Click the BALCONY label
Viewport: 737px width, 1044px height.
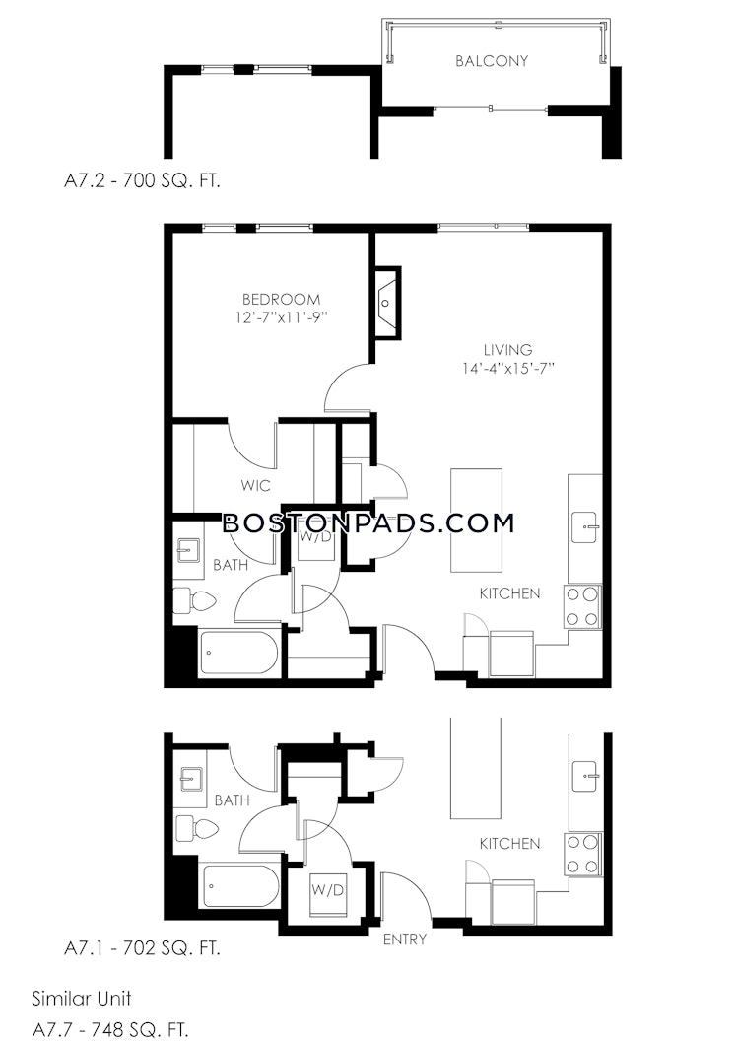pyautogui.click(x=492, y=60)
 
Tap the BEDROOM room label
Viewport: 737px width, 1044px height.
pyautogui.click(x=281, y=299)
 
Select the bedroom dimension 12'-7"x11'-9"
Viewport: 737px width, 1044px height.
pyautogui.click(x=282, y=317)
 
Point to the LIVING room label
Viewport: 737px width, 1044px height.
pyautogui.click(x=507, y=350)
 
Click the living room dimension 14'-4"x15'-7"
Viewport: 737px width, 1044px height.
pyautogui.click(x=508, y=368)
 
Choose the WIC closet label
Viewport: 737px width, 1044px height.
pyautogui.click(x=256, y=485)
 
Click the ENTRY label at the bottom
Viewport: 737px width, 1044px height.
pyautogui.click(x=404, y=940)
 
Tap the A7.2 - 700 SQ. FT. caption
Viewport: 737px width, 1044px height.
pyautogui.click(x=142, y=181)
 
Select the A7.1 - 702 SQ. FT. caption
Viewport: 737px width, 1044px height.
pyautogui.click(x=142, y=948)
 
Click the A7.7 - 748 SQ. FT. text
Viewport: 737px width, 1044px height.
pyautogui.click(x=109, y=1030)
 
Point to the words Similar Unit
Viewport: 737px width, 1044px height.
pyautogui.click(x=82, y=998)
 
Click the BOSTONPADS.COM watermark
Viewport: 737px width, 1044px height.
pyautogui.click(x=368, y=522)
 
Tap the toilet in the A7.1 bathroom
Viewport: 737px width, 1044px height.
pyautogui.click(x=196, y=828)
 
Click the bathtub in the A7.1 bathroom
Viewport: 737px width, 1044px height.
pyautogui.click(x=240, y=886)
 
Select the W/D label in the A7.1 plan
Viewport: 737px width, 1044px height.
pyautogui.click(x=327, y=890)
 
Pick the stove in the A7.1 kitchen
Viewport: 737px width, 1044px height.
pyautogui.click(x=583, y=855)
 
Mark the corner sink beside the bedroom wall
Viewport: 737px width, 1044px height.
pyautogui.click(x=386, y=303)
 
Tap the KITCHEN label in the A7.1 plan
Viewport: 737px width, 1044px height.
pyautogui.click(x=509, y=844)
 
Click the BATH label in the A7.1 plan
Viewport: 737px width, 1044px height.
pyautogui.click(x=233, y=800)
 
